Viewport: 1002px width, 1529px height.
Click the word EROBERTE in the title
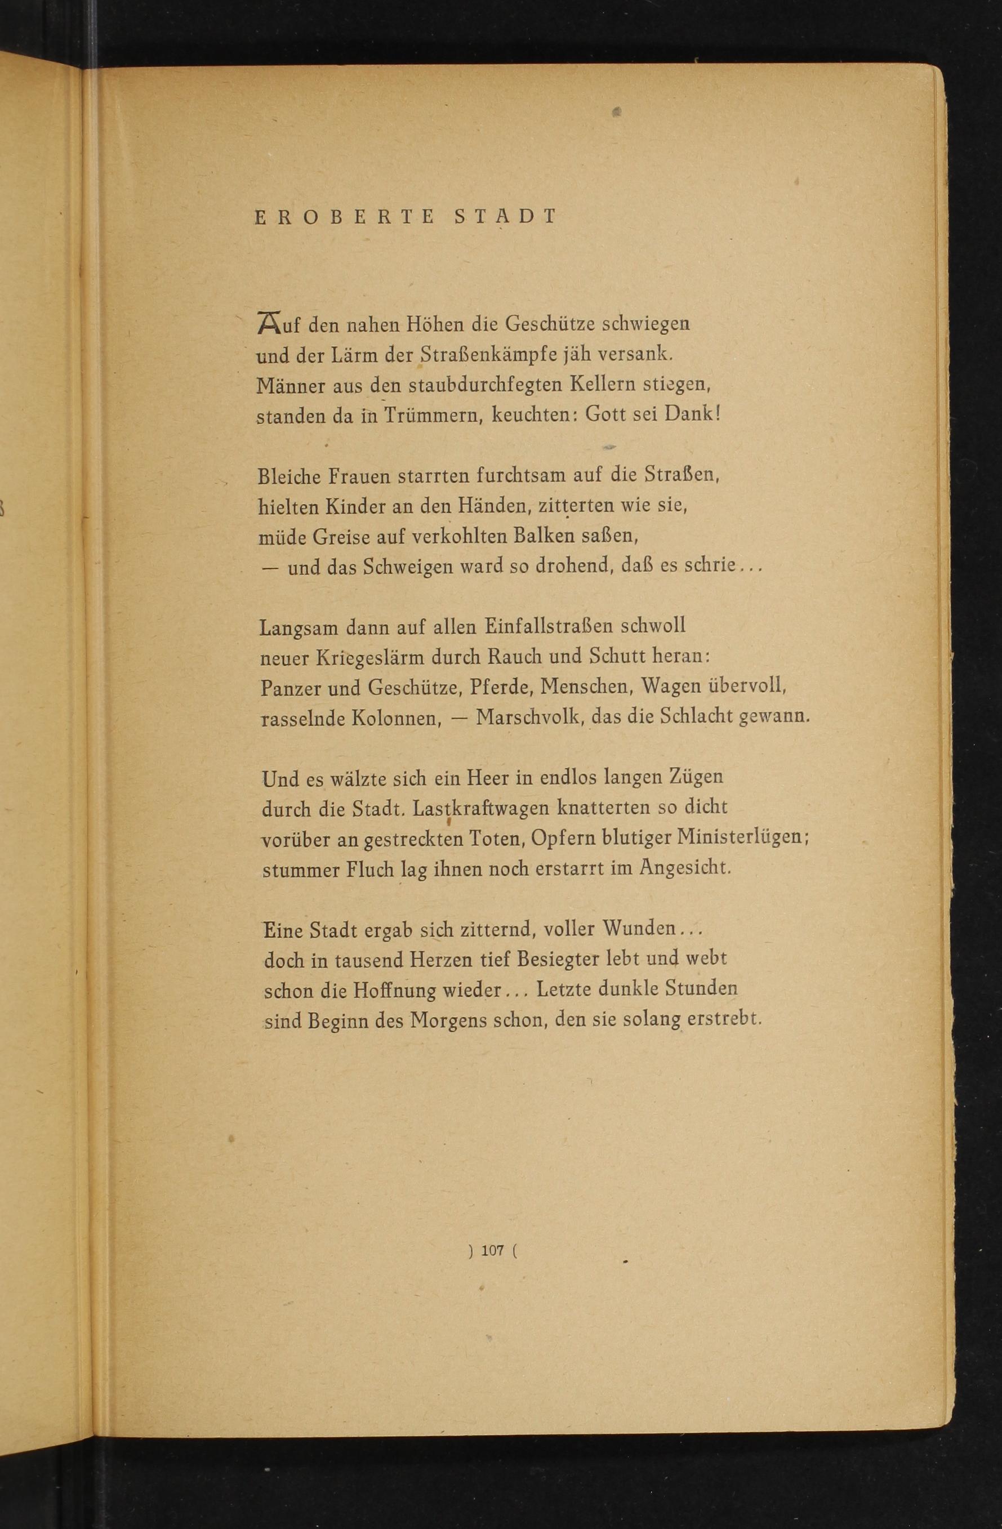[345, 217]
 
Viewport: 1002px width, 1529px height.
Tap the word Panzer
[290, 688]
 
